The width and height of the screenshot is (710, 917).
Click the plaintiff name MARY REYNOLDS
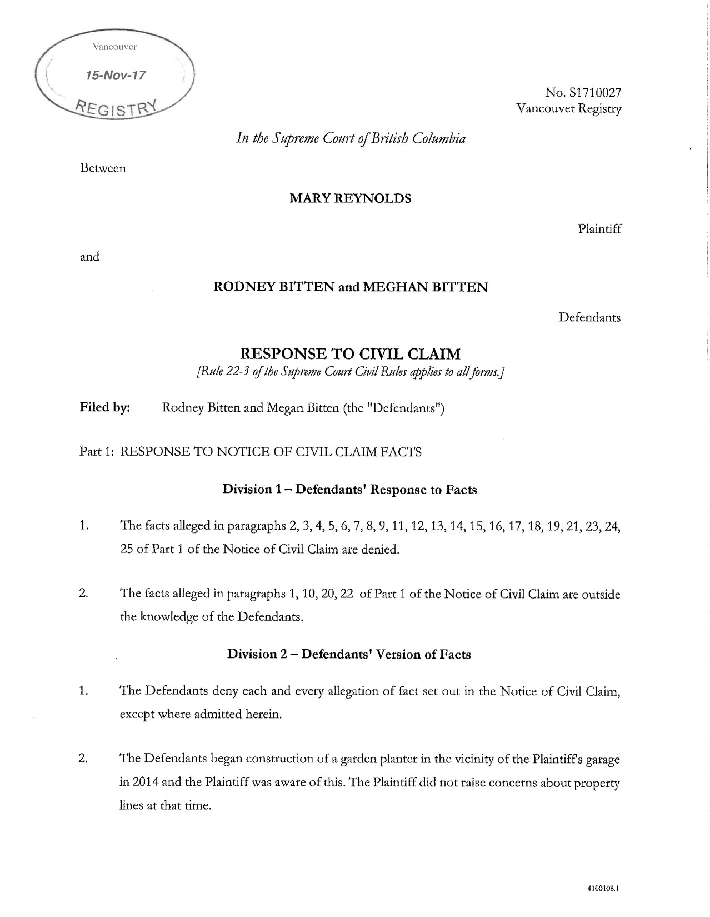point(351,198)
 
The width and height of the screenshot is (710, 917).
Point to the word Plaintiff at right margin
point(599,228)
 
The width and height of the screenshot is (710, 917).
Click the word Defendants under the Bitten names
point(589,317)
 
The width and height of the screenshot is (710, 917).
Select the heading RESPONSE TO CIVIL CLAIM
point(350,353)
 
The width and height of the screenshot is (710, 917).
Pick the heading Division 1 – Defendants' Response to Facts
point(350,489)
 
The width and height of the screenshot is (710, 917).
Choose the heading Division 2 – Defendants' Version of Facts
point(349,654)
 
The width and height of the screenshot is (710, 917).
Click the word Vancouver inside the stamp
point(114,47)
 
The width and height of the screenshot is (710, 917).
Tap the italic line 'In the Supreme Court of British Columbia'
point(351,138)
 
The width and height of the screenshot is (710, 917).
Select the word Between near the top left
point(103,168)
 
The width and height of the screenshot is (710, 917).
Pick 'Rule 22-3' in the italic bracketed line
point(224,372)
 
